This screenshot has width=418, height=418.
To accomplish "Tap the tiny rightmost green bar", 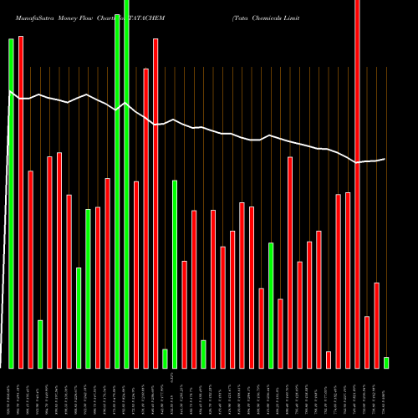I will pos(386,363).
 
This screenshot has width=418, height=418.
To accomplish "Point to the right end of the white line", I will pos(385,158).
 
